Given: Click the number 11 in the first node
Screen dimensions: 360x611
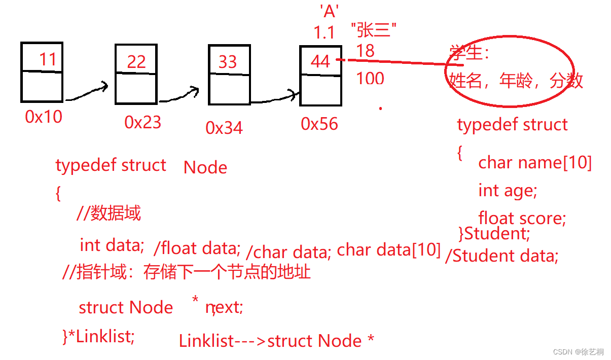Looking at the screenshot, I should click(x=48, y=59).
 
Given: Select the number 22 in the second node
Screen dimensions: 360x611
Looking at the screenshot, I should click(x=136, y=62).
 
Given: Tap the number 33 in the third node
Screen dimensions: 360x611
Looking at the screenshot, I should click(x=228, y=62).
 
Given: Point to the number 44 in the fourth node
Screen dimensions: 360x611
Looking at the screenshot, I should click(x=320, y=62).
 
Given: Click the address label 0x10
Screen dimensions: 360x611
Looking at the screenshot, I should click(x=44, y=117).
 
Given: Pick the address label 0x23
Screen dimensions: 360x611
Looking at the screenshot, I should click(x=142, y=122).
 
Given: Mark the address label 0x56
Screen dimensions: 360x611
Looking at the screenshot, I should click(x=319, y=124).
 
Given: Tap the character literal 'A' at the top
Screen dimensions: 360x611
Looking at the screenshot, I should click(x=329, y=11).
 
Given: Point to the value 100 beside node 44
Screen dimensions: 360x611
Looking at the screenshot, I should click(x=370, y=79).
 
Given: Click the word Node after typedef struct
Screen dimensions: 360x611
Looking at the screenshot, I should click(x=205, y=168).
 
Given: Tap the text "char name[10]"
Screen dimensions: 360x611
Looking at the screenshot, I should click(x=535, y=163).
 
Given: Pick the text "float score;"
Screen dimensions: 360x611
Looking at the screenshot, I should click(x=522, y=218).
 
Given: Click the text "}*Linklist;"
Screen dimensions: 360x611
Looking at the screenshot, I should click(x=99, y=336).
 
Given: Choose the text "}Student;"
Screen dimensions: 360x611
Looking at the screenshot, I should click(x=494, y=234).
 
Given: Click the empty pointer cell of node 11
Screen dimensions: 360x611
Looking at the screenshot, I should click(x=42, y=87).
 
